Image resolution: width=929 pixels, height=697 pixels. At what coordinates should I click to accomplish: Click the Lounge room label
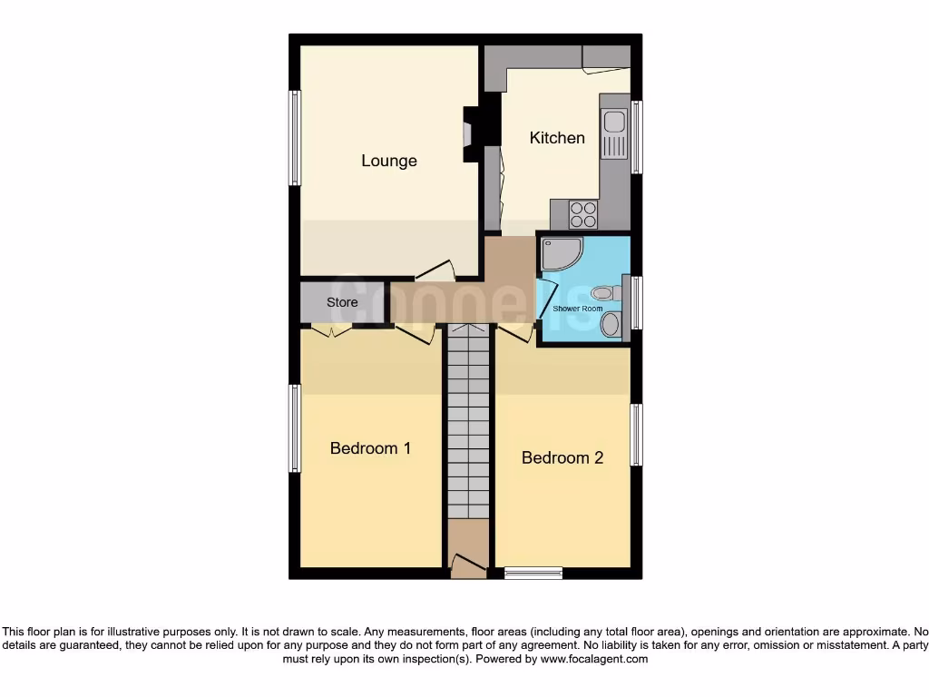tap(389, 161)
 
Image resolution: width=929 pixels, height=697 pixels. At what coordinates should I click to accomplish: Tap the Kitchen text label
tap(557, 138)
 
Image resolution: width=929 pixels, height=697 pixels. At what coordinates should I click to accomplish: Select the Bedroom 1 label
tap(370, 448)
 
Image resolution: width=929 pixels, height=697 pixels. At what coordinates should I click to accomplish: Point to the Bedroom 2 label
tap(562, 458)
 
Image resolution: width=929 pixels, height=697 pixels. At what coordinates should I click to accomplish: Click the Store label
tap(342, 302)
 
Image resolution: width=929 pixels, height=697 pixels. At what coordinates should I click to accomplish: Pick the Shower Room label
tap(578, 309)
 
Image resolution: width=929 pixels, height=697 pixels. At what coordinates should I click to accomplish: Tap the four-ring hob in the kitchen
tap(582, 214)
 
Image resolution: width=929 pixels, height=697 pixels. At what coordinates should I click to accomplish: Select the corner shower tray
tap(560, 255)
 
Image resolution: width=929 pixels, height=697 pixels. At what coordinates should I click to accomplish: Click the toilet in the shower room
tap(604, 293)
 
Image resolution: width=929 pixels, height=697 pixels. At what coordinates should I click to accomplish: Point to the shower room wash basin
tap(611, 324)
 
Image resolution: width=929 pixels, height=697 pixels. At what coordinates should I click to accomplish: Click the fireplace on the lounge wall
tap(469, 134)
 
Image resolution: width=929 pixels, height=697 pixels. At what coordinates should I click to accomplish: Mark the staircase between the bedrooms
tap(468, 427)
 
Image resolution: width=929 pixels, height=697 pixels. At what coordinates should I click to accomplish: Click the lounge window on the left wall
tap(295, 138)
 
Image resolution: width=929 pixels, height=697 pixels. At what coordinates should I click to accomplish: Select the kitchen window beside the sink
tap(637, 137)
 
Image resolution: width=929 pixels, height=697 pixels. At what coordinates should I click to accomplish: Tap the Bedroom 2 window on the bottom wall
tap(533, 572)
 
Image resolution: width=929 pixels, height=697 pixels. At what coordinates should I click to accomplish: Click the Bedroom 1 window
tap(295, 428)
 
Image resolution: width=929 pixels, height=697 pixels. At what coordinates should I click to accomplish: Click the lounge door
tap(435, 270)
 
